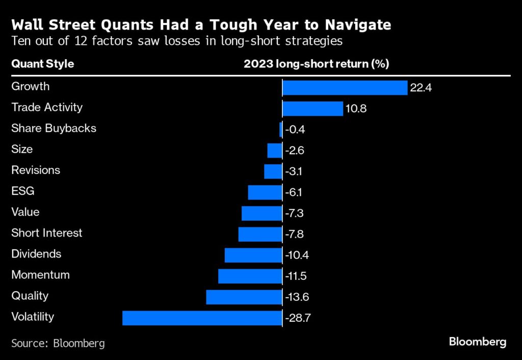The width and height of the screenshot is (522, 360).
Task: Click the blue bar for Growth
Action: pos(345,88)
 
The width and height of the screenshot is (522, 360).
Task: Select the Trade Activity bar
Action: pos(312,109)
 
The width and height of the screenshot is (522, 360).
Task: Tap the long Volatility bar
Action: pos(202,318)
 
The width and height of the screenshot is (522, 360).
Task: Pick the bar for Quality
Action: pos(244,297)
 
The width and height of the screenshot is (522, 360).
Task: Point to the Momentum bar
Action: pos(250,276)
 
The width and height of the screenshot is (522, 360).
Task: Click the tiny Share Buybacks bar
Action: pos(281,130)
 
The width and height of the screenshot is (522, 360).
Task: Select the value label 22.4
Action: pos(421,88)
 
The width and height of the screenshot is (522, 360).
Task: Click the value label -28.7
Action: pos(298,318)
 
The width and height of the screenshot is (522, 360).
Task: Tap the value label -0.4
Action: pos(295,130)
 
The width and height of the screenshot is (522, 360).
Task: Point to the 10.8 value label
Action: pos(356,109)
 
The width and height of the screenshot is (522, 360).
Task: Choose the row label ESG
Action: pos(23,191)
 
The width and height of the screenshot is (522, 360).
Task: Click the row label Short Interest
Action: pos(47,233)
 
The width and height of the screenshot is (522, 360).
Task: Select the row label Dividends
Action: pos(36,254)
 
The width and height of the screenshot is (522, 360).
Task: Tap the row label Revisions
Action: pos(36,170)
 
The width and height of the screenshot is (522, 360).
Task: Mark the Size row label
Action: pos(22,149)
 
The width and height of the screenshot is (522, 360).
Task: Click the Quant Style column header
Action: pos(43,64)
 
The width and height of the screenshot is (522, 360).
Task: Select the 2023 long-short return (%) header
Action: pos(317,64)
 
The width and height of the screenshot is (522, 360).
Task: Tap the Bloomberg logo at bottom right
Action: pos(478,342)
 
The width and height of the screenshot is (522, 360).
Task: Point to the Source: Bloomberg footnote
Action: pos(58,343)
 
